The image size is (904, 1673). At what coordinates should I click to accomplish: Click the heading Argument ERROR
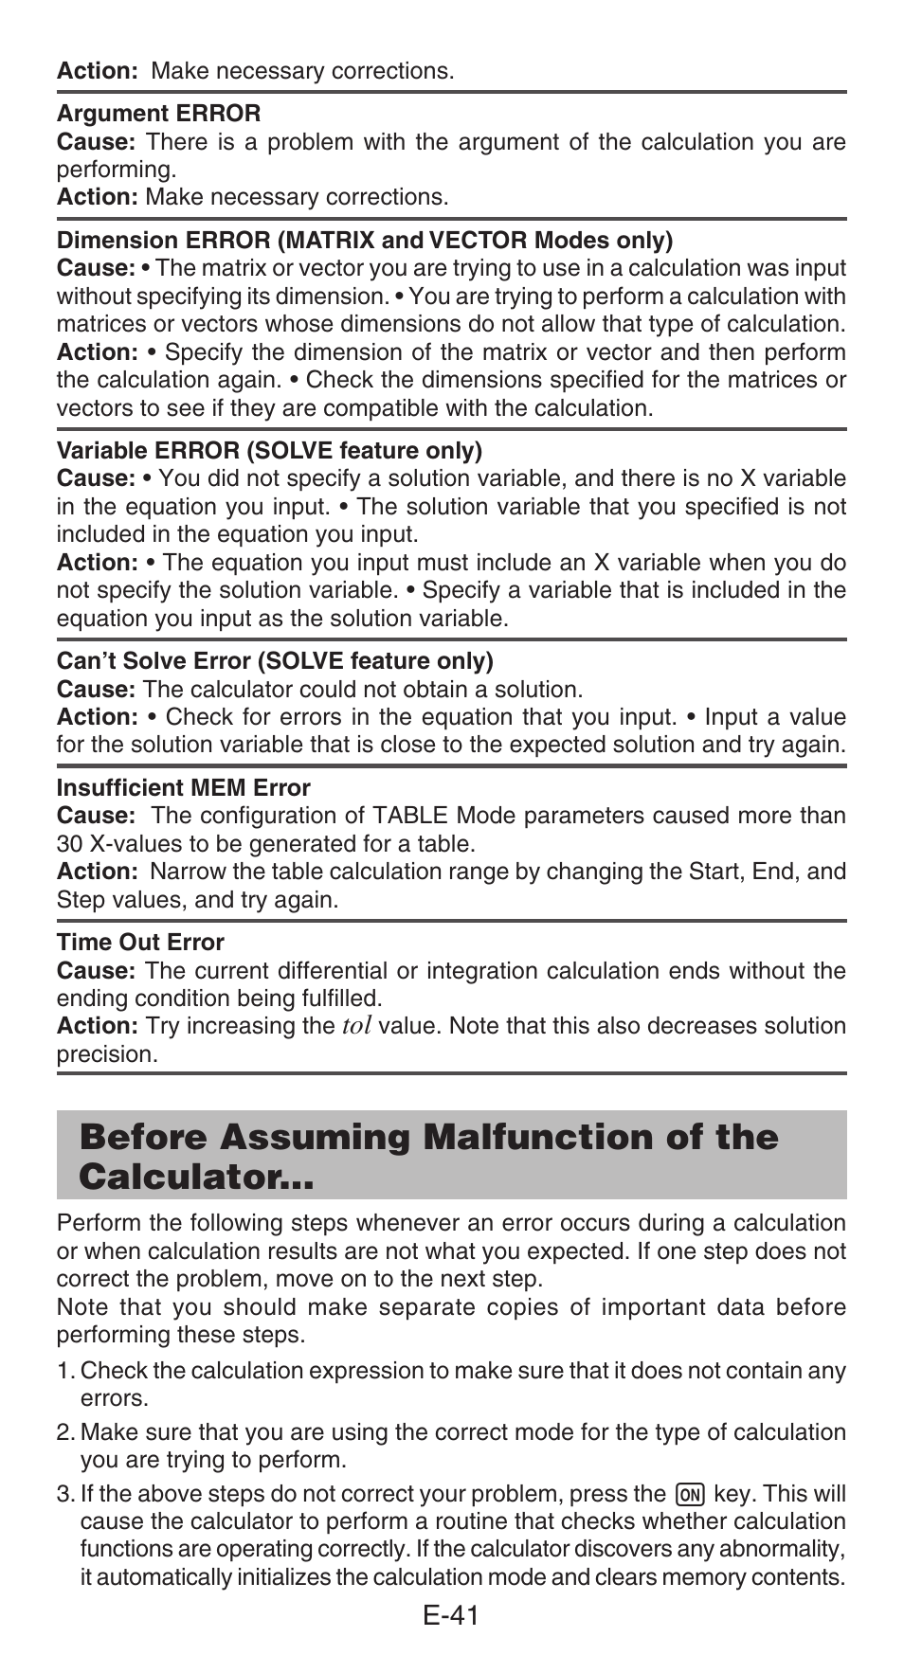pyautogui.click(x=158, y=114)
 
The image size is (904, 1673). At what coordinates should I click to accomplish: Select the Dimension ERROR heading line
pyautogui.click(x=365, y=240)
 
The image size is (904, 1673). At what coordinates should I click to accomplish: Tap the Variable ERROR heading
pyautogui.click(x=269, y=450)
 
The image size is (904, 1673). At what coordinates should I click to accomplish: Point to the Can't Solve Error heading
pyautogui.click(x=275, y=660)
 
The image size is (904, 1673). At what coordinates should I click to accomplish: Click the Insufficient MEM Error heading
pyautogui.click(x=183, y=787)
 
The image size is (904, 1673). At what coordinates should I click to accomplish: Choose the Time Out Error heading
pyautogui.click(x=140, y=942)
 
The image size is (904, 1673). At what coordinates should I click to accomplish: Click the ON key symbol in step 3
pyautogui.click(x=690, y=1495)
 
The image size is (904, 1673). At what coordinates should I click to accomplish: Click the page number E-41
pyautogui.click(x=452, y=1616)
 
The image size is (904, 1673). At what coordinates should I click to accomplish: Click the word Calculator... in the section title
pyautogui.click(x=197, y=1178)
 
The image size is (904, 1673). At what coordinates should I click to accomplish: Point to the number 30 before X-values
pyautogui.click(x=69, y=843)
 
